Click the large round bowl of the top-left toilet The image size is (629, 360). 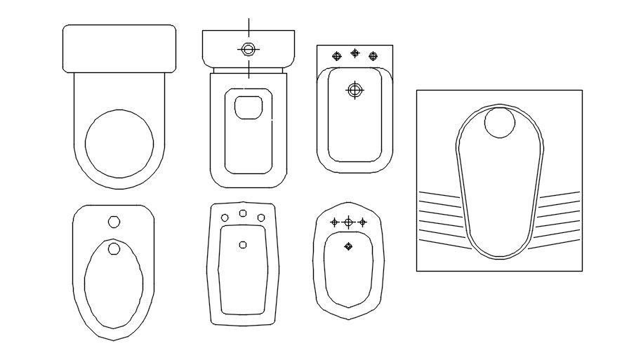click(119, 144)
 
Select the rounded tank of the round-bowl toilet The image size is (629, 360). click(119, 48)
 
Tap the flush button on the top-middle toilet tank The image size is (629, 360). click(248, 49)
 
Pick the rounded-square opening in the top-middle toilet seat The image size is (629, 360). click(248, 107)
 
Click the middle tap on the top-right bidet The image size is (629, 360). click(355, 53)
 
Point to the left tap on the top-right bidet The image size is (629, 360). click(336, 55)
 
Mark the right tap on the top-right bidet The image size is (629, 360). click(373, 55)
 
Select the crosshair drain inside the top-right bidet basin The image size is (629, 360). click(355, 90)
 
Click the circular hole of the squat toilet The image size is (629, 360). click(500, 123)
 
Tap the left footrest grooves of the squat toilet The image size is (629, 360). click(441, 214)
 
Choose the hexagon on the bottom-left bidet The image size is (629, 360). click(114, 222)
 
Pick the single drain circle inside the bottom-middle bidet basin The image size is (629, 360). click(243, 244)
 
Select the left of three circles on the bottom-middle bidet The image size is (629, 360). click(225, 218)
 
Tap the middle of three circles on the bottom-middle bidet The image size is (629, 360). click(243, 213)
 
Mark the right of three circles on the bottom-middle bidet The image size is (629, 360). click(261, 218)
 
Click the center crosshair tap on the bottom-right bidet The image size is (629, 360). click(348, 222)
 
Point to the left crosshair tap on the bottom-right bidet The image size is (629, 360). click(334, 222)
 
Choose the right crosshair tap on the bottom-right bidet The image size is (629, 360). click(362, 222)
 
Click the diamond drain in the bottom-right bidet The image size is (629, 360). click(348, 246)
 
